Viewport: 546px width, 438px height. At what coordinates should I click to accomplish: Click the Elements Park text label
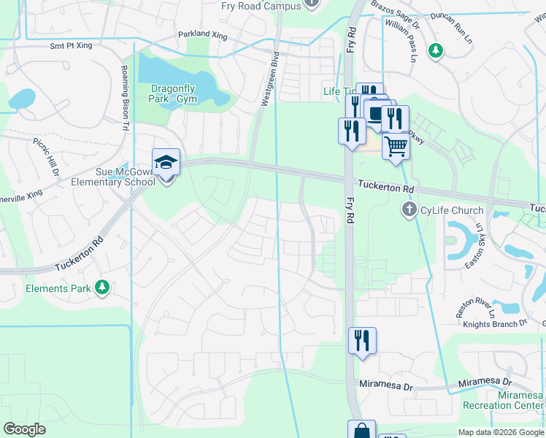(x=58, y=288)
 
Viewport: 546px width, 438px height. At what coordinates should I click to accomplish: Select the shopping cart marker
(x=396, y=145)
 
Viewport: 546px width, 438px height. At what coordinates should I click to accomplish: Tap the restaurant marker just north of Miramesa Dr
(x=362, y=341)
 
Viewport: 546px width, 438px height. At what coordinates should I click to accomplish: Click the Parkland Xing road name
(x=202, y=35)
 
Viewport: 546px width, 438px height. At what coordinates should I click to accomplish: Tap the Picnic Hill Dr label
(x=45, y=158)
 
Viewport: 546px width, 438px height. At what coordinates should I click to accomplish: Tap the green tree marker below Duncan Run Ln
(x=436, y=50)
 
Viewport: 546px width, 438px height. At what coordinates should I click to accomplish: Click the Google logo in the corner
(x=24, y=429)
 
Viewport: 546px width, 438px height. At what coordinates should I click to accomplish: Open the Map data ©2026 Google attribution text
(x=500, y=432)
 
